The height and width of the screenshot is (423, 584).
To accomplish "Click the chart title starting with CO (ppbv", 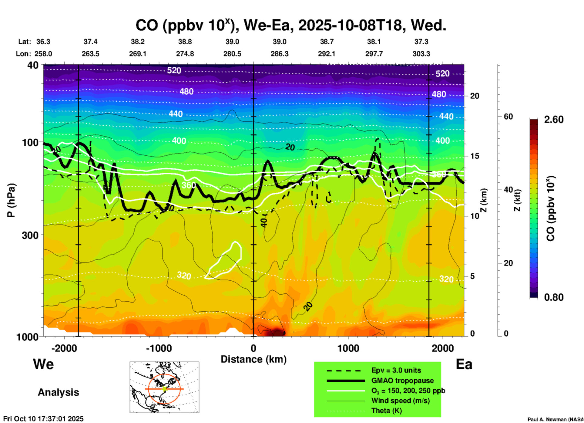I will (290, 25).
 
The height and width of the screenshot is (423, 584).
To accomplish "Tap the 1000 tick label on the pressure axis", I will (30, 337).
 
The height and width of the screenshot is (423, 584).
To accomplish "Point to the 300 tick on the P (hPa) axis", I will (30, 235).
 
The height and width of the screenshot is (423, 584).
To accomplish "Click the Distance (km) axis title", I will (253, 359).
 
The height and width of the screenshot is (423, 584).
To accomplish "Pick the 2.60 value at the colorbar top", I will (554, 120).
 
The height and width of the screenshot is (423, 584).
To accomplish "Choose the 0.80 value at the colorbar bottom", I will (554, 297).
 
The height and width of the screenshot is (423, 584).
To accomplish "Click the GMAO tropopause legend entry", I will (402, 381).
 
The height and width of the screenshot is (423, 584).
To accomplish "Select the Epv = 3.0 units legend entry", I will (396, 370).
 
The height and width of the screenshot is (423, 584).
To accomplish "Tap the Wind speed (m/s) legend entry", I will (400, 401).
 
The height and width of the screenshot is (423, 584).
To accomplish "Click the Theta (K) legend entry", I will (386, 411).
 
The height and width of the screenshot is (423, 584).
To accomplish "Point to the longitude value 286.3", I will (279, 54).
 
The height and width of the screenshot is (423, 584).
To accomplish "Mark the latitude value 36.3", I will (43, 42).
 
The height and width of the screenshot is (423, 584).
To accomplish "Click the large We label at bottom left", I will (43, 364).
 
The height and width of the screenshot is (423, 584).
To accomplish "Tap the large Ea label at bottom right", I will (464, 364).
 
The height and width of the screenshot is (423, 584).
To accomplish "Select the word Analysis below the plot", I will (58, 392).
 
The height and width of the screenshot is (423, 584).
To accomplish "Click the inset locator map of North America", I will (164, 387).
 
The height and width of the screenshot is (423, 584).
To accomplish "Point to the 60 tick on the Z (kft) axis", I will (508, 117).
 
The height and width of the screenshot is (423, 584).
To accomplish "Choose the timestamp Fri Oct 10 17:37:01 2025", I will (43, 419).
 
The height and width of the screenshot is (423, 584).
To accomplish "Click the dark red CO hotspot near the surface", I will (274, 331).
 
